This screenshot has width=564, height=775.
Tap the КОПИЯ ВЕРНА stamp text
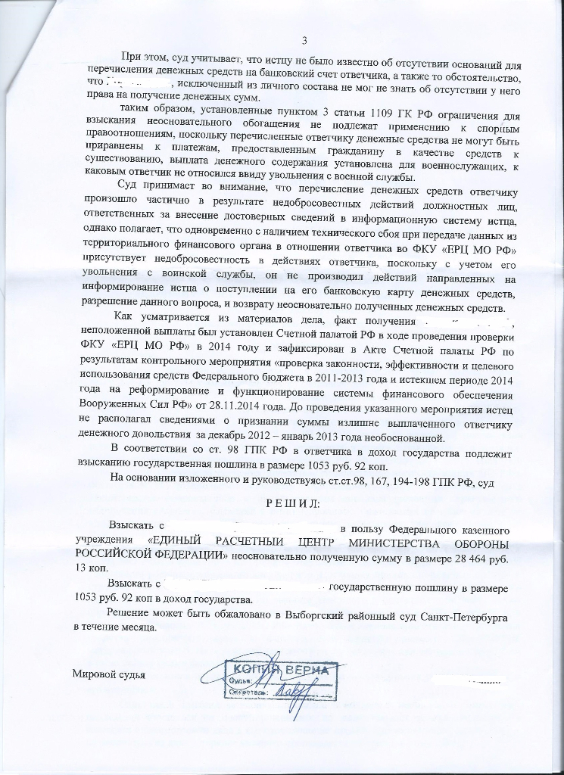click(280, 671)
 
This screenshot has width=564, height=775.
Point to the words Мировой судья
click(108, 674)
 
